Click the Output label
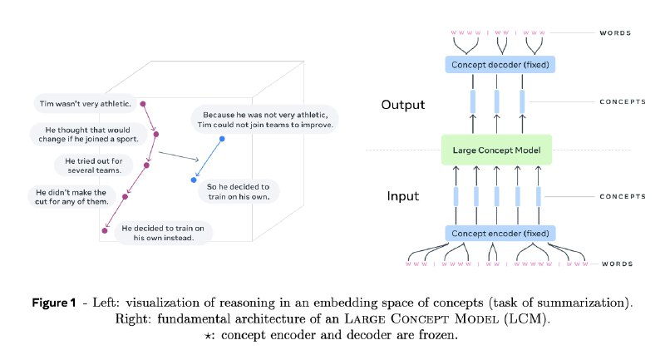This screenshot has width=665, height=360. [x=403, y=105]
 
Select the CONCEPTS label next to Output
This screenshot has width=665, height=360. [x=622, y=102]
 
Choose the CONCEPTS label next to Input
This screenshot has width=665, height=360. [x=622, y=196]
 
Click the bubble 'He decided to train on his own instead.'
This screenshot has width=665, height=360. [x=163, y=233]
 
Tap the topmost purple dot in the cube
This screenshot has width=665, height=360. [x=142, y=105]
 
